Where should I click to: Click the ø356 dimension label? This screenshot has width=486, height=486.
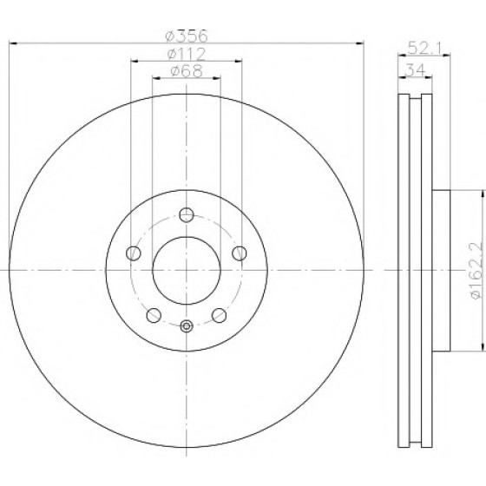click(x=187, y=36)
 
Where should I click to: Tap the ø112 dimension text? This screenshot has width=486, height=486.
click(x=187, y=54)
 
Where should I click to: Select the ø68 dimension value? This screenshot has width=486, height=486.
click(x=187, y=70)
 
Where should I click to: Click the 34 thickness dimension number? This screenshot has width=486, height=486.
click(x=416, y=69)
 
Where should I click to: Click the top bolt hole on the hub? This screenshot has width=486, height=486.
click(x=187, y=215)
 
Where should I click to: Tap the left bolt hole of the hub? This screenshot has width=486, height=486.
click(x=134, y=253)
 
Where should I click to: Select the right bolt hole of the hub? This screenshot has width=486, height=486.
click(x=240, y=253)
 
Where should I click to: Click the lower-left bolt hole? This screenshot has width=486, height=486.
click(x=154, y=316)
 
